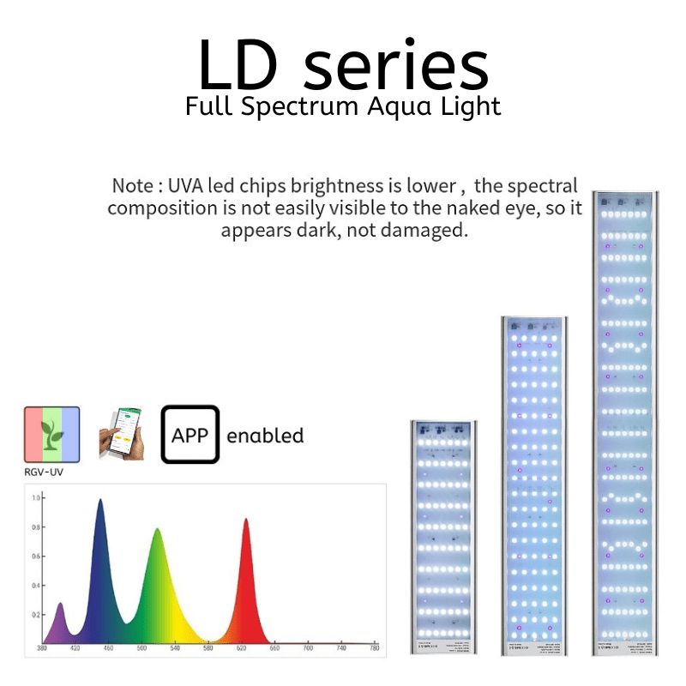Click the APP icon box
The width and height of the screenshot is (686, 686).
190,435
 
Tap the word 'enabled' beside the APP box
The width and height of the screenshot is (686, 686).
265,436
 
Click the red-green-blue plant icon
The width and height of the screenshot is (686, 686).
51,435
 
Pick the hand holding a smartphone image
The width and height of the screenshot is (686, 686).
120,435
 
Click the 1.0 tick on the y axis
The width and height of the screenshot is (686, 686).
36,497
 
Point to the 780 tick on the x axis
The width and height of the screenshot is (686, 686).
374,649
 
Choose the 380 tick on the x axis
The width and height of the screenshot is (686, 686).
42,649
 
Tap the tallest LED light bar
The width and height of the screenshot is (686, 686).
625,420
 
